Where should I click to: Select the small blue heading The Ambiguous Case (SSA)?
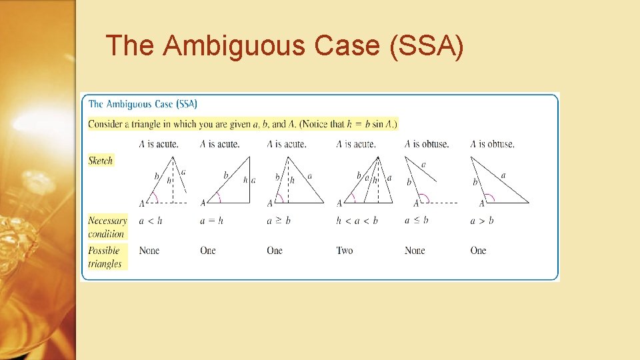[x=143, y=104]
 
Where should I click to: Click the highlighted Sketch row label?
[x=101, y=160]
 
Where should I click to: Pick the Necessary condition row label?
[x=107, y=227]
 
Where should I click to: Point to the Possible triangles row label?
[x=105, y=257]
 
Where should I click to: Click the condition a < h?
[x=150, y=221]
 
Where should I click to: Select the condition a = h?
[x=211, y=221]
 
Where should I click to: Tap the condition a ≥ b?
[x=279, y=221]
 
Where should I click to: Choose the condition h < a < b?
[x=356, y=221]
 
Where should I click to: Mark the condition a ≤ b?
[x=416, y=221]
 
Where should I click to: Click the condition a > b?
[x=481, y=221]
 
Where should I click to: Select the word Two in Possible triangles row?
[x=344, y=251]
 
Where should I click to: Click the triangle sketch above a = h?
[x=230, y=181]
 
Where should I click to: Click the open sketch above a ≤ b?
[x=427, y=182]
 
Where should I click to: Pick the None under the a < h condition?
[x=149, y=251]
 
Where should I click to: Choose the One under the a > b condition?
[x=478, y=251]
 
